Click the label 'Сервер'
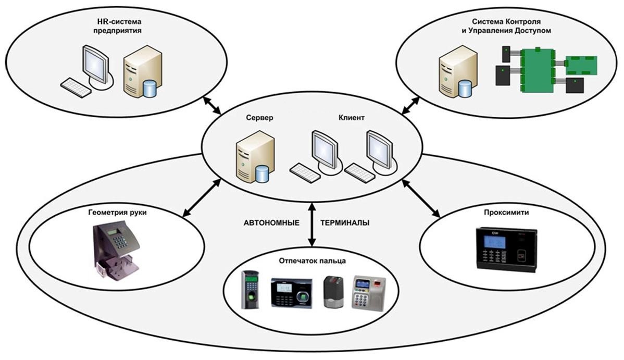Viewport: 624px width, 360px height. point(259,118)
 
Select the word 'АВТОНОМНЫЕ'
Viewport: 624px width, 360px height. point(271,222)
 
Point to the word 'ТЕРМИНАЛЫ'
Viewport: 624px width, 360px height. point(345,222)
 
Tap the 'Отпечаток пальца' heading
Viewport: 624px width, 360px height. point(313,260)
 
